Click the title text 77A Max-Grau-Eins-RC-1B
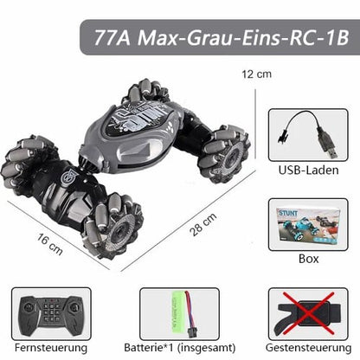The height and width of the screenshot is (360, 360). pyautogui.click(x=222, y=38)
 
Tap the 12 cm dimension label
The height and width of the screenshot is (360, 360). pyautogui.click(x=256, y=74)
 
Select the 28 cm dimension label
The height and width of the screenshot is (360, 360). pyautogui.click(x=203, y=225)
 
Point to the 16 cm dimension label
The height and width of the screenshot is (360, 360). pyautogui.click(x=49, y=244)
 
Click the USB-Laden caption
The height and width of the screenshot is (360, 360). pyautogui.click(x=308, y=170)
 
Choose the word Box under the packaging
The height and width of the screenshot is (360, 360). pyautogui.click(x=308, y=259)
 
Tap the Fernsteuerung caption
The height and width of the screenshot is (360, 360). pyautogui.click(x=51, y=348)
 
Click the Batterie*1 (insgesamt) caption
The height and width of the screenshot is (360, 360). pyautogui.click(x=179, y=348)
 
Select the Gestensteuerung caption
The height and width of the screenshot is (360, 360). pyautogui.click(x=308, y=348)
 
